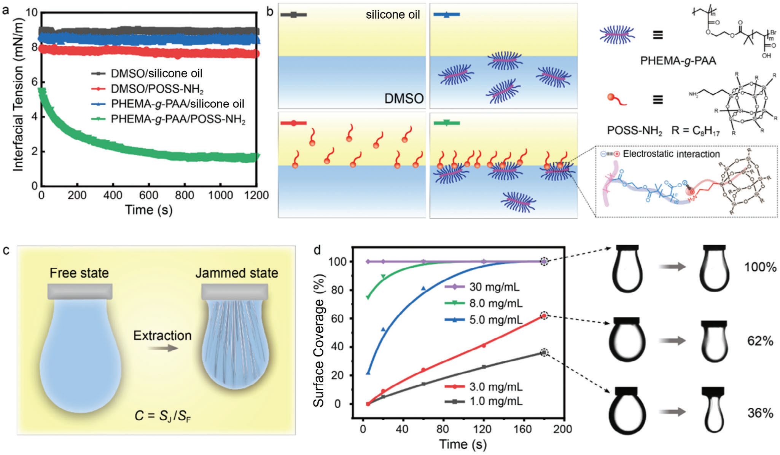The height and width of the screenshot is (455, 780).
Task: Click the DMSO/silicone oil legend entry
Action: (x=156, y=73)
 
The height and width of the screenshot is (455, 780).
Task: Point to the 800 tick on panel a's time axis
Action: (x=184, y=195)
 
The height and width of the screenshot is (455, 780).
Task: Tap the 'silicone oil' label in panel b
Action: (x=393, y=15)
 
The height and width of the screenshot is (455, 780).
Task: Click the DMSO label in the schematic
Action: (x=404, y=99)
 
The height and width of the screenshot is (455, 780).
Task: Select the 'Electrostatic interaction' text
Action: (x=671, y=154)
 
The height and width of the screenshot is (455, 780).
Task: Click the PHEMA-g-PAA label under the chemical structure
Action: (x=678, y=61)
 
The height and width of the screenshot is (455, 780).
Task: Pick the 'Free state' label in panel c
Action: (x=79, y=273)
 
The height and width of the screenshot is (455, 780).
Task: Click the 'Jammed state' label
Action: (x=237, y=273)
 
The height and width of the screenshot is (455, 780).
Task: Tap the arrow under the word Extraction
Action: (x=162, y=348)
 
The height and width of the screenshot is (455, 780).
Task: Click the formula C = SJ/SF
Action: (x=162, y=415)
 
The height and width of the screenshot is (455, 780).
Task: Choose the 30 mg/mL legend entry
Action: (x=494, y=287)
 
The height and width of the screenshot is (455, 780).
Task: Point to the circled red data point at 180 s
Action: (x=544, y=316)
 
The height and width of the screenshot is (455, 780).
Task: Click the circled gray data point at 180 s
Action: (x=544, y=353)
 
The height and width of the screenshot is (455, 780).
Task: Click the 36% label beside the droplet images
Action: (x=760, y=413)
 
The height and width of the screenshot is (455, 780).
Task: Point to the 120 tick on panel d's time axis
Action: (x=482, y=429)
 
